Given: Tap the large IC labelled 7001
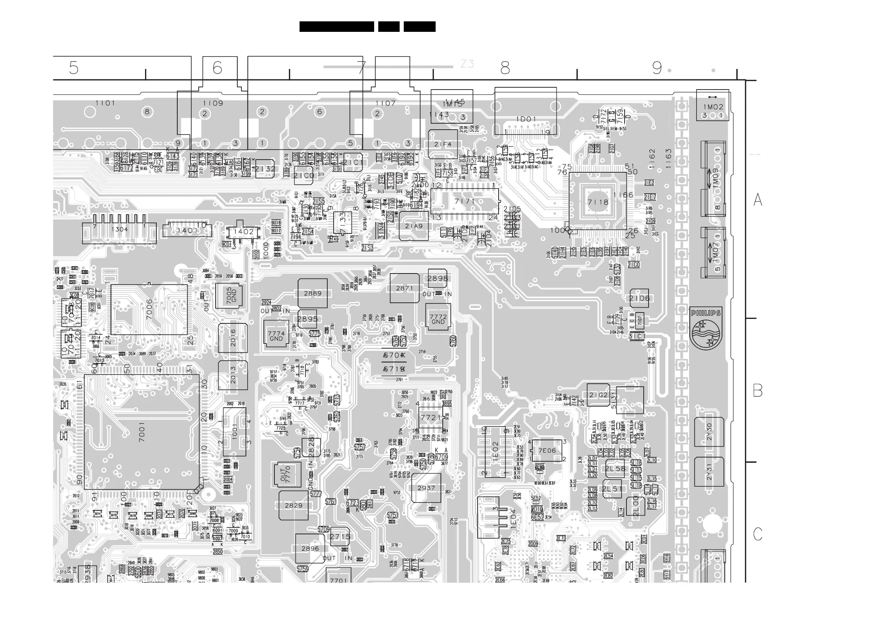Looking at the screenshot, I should point(142,432).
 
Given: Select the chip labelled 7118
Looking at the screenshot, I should point(598,202).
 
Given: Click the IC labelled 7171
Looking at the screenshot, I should point(465,201).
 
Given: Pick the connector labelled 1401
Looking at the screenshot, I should point(187,230).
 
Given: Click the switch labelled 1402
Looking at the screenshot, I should point(243,232).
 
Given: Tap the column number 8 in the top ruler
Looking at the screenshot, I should point(505,69).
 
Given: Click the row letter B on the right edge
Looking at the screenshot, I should point(758,390).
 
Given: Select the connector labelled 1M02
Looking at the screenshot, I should point(713,106).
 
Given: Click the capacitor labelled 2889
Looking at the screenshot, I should point(313,293).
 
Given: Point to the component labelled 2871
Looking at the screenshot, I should point(405,288).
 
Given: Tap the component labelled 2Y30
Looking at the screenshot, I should point(709,432).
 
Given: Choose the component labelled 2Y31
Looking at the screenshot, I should point(709,472).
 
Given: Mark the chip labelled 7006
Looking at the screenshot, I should point(149,310).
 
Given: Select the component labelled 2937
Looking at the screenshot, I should point(426,488).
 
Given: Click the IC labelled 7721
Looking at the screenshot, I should point(431,417).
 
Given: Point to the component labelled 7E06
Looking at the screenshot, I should point(547,451).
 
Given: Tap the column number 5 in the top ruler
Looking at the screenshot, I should point(73,68).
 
